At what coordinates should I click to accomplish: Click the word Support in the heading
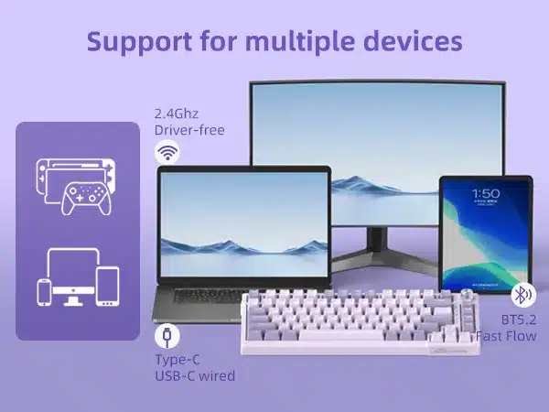(x=139, y=42)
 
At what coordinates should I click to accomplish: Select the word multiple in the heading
(x=300, y=42)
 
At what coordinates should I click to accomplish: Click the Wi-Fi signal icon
(x=167, y=152)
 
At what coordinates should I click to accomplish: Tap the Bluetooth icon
(x=523, y=295)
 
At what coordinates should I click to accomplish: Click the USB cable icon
(x=167, y=336)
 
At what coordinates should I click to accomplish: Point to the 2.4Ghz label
(x=177, y=114)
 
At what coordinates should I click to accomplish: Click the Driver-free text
(x=189, y=130)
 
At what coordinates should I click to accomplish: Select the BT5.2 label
(x=519, y=320)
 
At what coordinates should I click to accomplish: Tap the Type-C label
(x=178, y=360)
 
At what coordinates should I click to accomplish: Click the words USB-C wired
(x=195, y=376)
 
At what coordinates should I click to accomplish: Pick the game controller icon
(x=87, y=198)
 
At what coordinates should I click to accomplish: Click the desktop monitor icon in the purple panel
(x=73, y=276)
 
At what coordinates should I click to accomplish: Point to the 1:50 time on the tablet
(x=486, y=194)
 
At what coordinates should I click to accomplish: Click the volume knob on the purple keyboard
(x=467, y=294)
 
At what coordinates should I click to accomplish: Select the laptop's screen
(x=244, y=224)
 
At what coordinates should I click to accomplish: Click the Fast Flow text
(x=506, y=336)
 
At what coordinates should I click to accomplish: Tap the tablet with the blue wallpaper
(x=486, y=234)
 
